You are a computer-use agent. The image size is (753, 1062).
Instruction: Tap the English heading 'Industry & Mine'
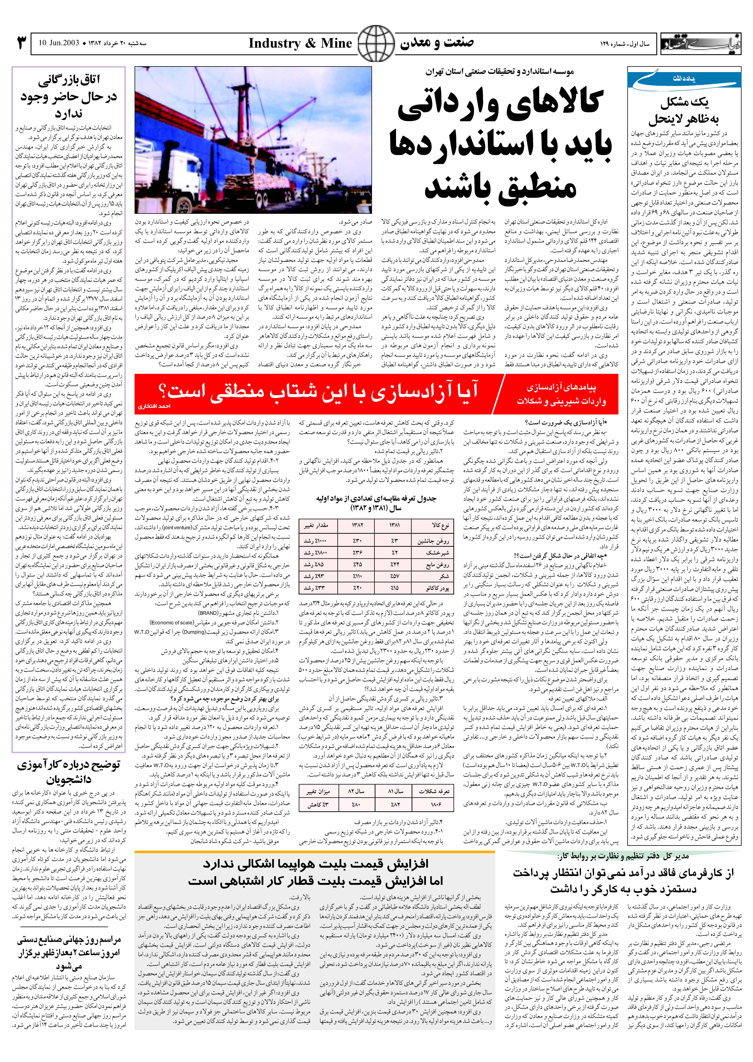[x=300, y=44]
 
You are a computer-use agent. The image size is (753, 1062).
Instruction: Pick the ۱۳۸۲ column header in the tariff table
[x=357, y=526]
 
